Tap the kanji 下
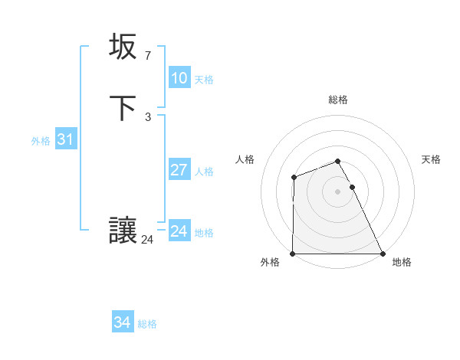pyautogui.click(x=123, y=109)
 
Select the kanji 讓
pyautogui.click(x=123, y=231)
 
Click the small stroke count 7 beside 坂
pyautogui.click(x=147, y=55)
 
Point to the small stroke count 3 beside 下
pyautogui.click(x=147, y=117)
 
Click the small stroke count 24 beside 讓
pyautogui.click(x=147, y=240)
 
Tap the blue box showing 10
pyautogui.click(x=179, y=78)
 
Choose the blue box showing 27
pyautogui.click(x=179, y=170)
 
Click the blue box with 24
pyautogui.click(x=179, y=231)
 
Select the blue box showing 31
pyautogui.click(x=65, y=139)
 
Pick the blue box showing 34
pyautogui.click(x=122, y=322)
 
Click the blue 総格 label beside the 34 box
pyautogui.click(x=147, y=324)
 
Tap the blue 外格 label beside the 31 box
pyautogui.click(x=41, y=141)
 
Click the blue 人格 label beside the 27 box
pyautogui.click(x=204, y=172)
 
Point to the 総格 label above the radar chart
pyautogui.click(x=337, y=100)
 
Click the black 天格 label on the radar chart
pyautogui.click(x=431, y=159)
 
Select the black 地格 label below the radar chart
pyautogui.click(x=402, y=263)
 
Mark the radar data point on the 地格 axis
pyautogui.click(x=382, y=254)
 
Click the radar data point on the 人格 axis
pyautogui.click(x=294, y=178)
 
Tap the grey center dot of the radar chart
pyautogui.click(x=337, y=191)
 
